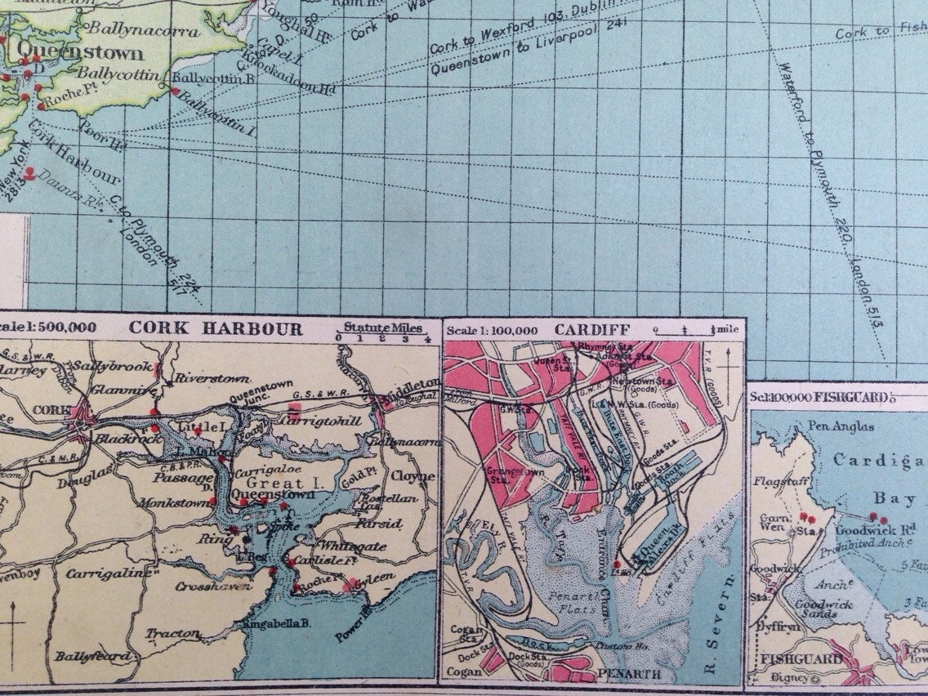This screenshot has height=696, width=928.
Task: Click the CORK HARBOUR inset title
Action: point(216,329)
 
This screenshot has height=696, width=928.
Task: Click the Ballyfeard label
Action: point(91,656)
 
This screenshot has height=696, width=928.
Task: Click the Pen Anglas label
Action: point(840,426)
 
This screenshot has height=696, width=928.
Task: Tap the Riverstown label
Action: point(201,380)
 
